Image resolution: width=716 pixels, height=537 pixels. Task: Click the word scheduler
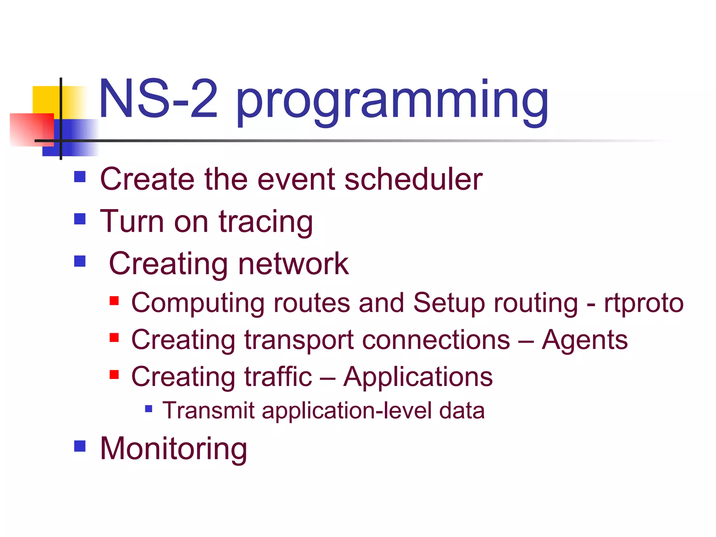413,179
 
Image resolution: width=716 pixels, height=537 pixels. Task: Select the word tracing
266,222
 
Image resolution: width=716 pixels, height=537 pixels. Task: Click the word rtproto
643,303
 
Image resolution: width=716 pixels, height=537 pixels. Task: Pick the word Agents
585,340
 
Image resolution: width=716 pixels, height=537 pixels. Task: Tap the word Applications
418,377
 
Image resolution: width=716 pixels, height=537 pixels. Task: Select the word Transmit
208,410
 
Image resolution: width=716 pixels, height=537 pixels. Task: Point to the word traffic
278,377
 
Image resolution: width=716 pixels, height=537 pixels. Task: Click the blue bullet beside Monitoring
80,446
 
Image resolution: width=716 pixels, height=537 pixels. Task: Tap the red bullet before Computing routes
114,301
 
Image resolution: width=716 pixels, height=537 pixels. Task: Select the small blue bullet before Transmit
149,409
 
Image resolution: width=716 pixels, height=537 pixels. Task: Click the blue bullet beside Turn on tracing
80,219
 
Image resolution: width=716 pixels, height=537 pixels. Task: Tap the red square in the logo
28,129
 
